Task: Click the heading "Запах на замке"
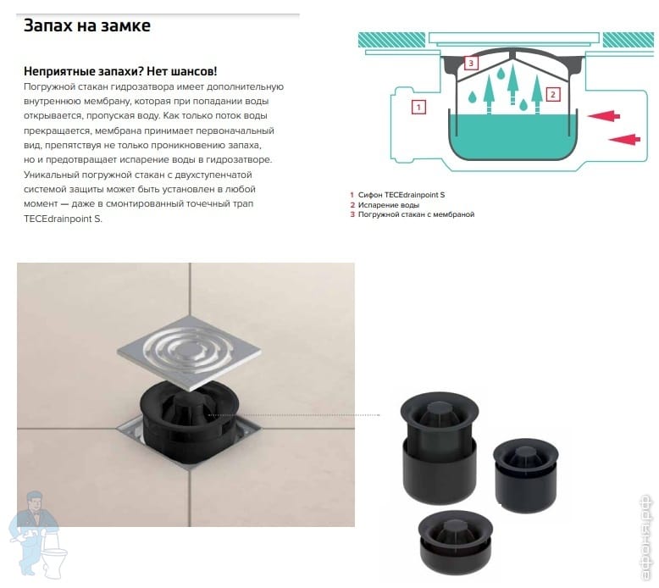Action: pos(87,25)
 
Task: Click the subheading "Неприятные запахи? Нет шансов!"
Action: pos(120,71)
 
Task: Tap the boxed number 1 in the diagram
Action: pos(418,107)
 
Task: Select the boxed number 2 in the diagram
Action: pos(552,95)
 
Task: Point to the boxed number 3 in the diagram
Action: pos(471,63)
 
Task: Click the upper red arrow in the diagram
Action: pos(604,115)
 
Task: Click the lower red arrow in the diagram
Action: pos(624,139)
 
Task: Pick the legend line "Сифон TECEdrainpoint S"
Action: pos(401,195)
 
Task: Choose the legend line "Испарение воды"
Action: pos(388,205)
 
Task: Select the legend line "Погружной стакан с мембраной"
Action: pos(416,214)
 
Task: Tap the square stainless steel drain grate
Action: pos(189,352)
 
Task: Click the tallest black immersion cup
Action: pos(440,447)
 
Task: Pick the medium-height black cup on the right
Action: pos(526,474)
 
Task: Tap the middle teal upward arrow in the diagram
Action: pos(512,84)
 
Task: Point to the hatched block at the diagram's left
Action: pos(391,40)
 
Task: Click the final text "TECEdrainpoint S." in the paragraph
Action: pos(63,219)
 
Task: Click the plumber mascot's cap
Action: pos(34,496)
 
